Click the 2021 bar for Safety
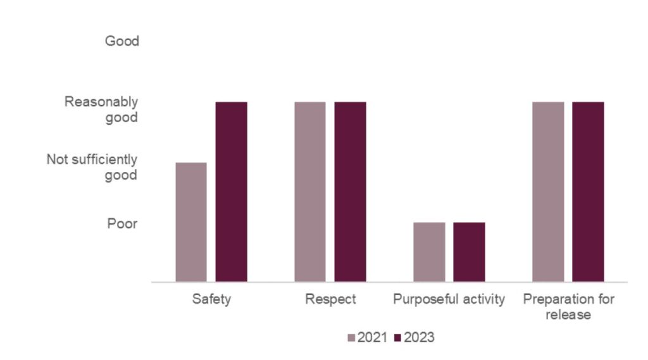click(191, 222)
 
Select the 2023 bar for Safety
click(232, 192)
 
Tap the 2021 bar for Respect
click(310, 192)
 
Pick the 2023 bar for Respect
click(351, 192)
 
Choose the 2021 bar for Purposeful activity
click(429, 252)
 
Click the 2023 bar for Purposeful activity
click(470, 252)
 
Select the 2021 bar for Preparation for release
click(548, 192)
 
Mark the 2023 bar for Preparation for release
click(589, 192)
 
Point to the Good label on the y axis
click(121, 42)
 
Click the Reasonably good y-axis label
click(101, 109)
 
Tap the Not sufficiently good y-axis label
click(92, 167)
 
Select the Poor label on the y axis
click(122, 223)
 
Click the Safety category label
click(211, 299)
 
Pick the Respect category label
click(330, 299)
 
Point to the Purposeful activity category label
click(449, 299)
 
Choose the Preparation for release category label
click(568, 306)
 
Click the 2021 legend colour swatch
click(352, 338)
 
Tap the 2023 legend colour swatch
click(398, 338)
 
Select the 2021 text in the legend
click(373, 338)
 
